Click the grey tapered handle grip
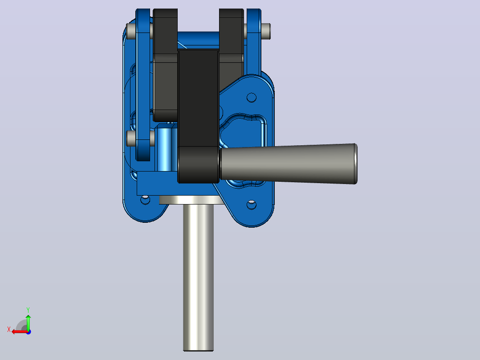pyautogui.click(x=288, y=164)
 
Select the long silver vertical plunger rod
pyautogui.click(x=199, y=277)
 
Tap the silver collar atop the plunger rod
pyautogui.click(x=190, y=200)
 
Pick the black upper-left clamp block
pyautogui.click(x=165, y=64)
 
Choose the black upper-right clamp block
pyautogui.click(x=232, y=46)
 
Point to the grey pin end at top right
pyautogui.click(x=266, y=31)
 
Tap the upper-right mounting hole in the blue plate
pyautogui.click(x=251, y=98)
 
